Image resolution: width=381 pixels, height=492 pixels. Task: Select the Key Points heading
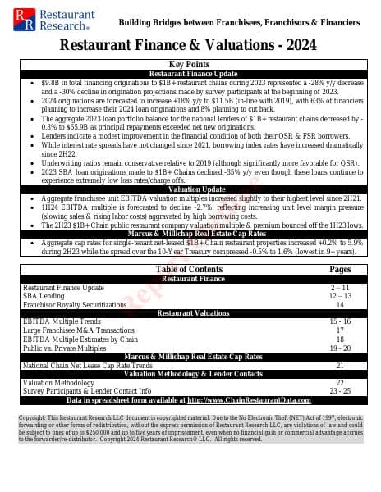click(x=190, y=64)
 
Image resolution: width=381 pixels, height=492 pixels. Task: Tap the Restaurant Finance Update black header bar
click(x=190, y=73)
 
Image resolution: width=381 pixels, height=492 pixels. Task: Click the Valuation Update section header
click(x=190, y=189)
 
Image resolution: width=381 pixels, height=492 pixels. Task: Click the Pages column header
click(x=340, y=269)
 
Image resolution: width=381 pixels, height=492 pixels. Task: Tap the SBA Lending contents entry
click(x=42, y=296)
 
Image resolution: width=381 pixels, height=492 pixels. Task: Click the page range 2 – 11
click(x=340, y=288)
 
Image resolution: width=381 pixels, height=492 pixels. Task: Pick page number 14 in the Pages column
click(x=340, y=304)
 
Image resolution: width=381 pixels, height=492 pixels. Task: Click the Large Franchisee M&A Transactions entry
click(x=76, y=330)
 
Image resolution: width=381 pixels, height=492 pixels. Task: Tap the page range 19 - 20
click(x=340, y=348)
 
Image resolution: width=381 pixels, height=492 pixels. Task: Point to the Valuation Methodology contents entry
click(x=58, y=383)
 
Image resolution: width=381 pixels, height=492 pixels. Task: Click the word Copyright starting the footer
click(x=34, y=417)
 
